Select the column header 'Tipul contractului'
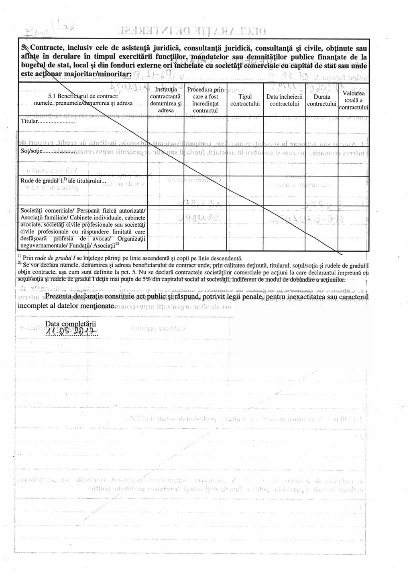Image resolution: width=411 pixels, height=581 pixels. point(245,100)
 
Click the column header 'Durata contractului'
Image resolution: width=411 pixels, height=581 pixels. point(321,100)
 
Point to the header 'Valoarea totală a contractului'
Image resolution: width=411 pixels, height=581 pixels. point(354,100)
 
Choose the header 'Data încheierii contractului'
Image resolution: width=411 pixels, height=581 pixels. point(284,100)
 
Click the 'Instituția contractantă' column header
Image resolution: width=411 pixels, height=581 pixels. point(166,100)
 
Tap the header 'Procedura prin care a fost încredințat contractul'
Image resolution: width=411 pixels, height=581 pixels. point(205,100)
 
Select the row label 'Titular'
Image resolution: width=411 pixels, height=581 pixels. point(28,121)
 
